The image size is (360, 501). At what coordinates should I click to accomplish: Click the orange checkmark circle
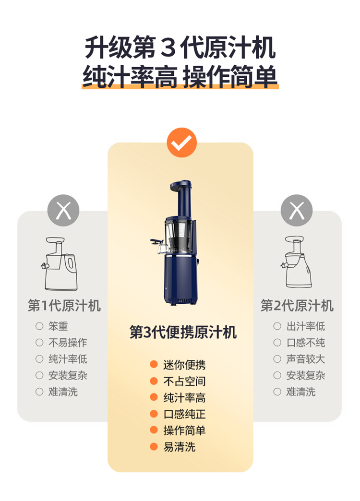click(181, 143)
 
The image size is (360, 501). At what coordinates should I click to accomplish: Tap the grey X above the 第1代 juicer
click(63, 210)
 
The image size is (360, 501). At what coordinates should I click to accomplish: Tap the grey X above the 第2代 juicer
click(297, 210)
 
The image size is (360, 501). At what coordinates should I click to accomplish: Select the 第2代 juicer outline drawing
click(297, 262)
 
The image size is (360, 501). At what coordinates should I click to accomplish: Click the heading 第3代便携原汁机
click(183, 332)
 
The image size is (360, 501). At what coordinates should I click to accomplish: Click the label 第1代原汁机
click(64, 306)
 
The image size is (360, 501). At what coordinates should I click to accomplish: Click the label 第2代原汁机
click(297, 306)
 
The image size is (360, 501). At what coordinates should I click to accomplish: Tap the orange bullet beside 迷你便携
click(154, 364)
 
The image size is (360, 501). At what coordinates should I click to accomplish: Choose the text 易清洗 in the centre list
click(180, 447)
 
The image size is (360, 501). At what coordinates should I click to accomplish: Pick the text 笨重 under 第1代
click(58, 326)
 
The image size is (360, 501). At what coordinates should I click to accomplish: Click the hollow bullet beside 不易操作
click(39, 343)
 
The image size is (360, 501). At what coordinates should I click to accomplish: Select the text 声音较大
click(306, 359)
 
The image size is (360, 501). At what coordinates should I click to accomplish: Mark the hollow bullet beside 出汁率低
click(277, 326)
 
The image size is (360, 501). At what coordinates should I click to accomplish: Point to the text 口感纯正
click(184, 414)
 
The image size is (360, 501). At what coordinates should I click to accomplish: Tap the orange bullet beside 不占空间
click(154, 381)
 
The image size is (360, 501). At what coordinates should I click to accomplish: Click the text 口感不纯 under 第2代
click(306, 343)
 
